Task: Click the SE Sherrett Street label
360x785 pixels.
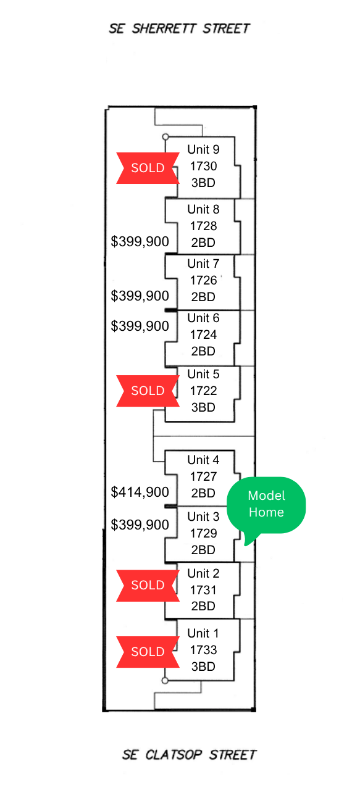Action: (x=179, y=29)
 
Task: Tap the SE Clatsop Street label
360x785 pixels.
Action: (x=190, y=755)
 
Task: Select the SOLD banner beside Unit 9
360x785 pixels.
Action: (x=148, y=168)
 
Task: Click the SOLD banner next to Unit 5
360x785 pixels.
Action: (x=148, y=391)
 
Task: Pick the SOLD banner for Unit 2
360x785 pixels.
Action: (x=148, y=585)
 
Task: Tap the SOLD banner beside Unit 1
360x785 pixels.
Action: (x=148, y=652)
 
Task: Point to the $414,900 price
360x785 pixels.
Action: (x=140, y=492)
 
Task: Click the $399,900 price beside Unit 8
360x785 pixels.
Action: (x=140, y=241)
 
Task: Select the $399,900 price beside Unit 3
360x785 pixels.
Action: (x=140, y=525)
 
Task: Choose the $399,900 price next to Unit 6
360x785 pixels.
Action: (x=140, y=326)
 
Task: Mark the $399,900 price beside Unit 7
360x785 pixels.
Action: (x=140, y=296)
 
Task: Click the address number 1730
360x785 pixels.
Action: (x=203, y=166)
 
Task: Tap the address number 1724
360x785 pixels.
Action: (x=203, y=334)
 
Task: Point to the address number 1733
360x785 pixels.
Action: (x=203, y=650)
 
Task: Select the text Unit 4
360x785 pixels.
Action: (x=203, y=460)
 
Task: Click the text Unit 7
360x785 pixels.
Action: (x=203, y=264)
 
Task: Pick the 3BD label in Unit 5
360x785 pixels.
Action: (x=203, y=407)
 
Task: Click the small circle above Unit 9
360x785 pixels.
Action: (x=166, y=136)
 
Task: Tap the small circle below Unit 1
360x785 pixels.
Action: (x=165, y=681)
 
